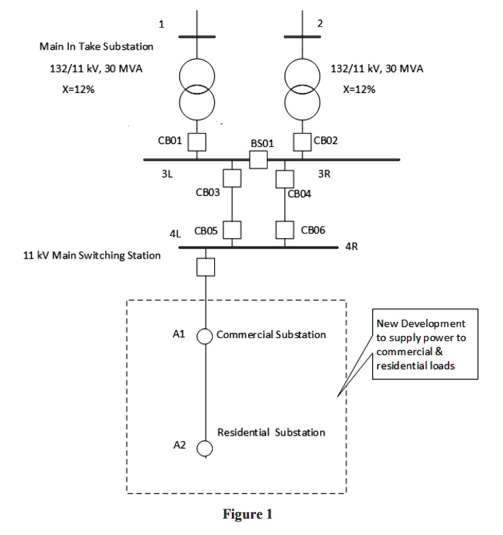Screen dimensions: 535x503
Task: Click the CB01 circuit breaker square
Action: click(x=196, y=141)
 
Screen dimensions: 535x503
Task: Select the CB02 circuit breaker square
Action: click(x=303, y=141)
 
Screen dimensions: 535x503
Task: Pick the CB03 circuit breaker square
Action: click(x=232, y=177)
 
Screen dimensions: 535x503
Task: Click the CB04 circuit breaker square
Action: click(x=285, y=177)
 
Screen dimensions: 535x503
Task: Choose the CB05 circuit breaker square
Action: click(x=232, y=230)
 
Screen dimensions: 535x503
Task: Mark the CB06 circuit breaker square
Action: click(x=285, y=230)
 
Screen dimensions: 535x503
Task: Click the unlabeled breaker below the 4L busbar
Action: click(x=205, y=266)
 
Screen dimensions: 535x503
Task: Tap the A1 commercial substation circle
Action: click(x=205, y=335)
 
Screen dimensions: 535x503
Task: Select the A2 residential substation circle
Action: click(x=205, y=448)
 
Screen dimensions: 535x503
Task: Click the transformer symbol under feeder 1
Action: click(x=196, y=88)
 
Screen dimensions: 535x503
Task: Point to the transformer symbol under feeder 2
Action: click(x=303, y=88)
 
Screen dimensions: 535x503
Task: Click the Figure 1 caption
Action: click(x=247, y=514)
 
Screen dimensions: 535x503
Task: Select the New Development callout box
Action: click(x=424, y=345)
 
